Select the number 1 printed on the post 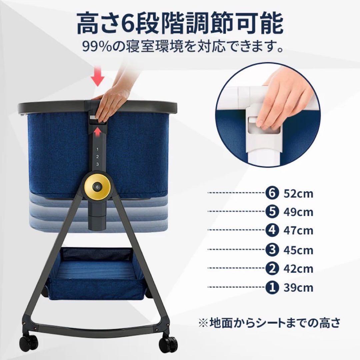tap(97, 149)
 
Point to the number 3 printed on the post tap(97, 164)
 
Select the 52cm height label tap(298, 193)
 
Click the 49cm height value tap(298, 212)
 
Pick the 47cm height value tap(298, 231)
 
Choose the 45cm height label tap(298, 250)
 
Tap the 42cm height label tap(298, 268)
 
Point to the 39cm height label tap(298, 287)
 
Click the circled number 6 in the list tap(272, 193)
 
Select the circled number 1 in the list tap(272, 287)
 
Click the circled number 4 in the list tap(272, 230)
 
